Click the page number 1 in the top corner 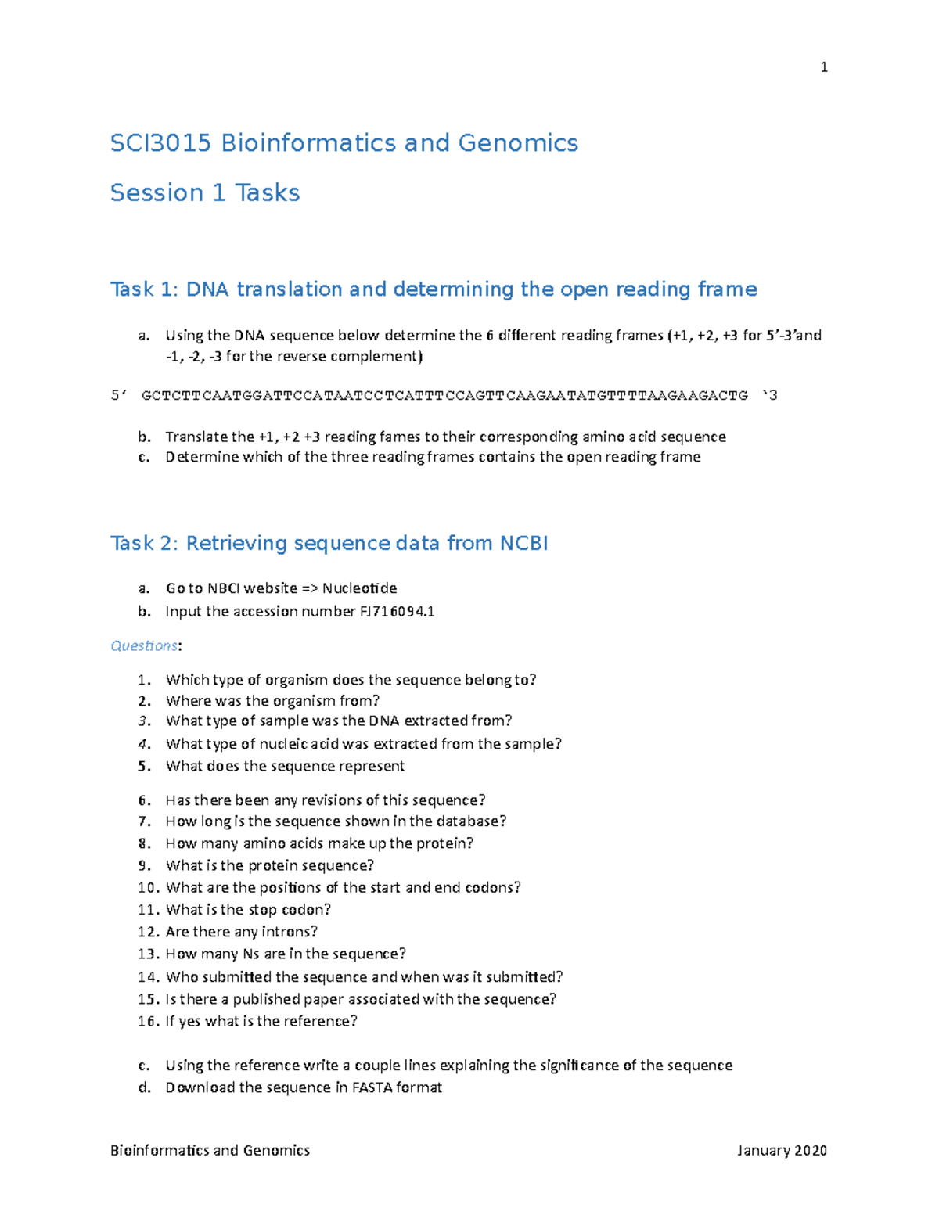(823, 67)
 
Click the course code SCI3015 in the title (160, 143)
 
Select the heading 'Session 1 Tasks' (205, 192)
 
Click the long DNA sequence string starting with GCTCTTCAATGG (444, 396)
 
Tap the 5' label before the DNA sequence (118, 396)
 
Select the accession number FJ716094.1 (398, 612)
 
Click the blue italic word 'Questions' (144, 645)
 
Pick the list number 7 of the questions (144, 821)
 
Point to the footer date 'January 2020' (782, 1150)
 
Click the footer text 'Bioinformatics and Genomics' (210, 1150)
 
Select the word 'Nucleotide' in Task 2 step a (359, 588)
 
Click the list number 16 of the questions (148, 1021)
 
